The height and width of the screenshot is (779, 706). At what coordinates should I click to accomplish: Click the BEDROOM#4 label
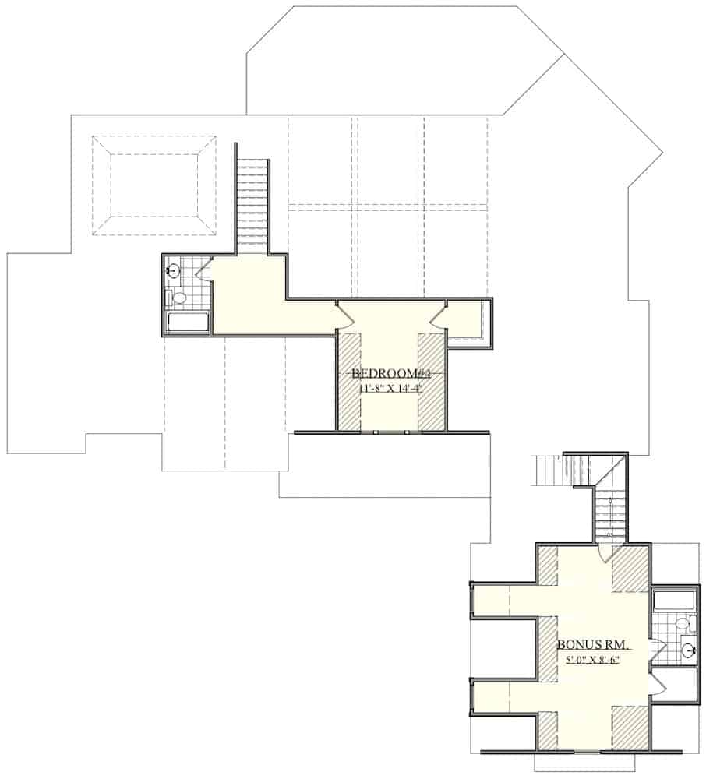[x=387, y=373]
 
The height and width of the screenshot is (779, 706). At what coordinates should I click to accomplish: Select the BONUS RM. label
[x=593, y=646]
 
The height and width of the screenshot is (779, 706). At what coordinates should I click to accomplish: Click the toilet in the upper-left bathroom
[x=178, y=298]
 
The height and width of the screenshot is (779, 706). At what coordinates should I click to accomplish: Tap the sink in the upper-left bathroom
[x=173, y=271]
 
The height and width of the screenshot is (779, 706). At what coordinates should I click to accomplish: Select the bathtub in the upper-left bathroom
[x=188, y=323]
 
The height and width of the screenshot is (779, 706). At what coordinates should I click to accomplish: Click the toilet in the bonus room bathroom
[x=681, y=624]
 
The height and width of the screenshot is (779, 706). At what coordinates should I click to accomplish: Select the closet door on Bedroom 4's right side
[x=437, y=315]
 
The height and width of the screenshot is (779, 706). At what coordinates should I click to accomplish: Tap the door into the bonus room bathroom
[x=655, y=647]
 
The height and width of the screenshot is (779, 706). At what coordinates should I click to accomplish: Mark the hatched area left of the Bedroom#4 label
[x=348, y=382]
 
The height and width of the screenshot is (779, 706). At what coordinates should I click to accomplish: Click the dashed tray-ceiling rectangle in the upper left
[x=154, y=185]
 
